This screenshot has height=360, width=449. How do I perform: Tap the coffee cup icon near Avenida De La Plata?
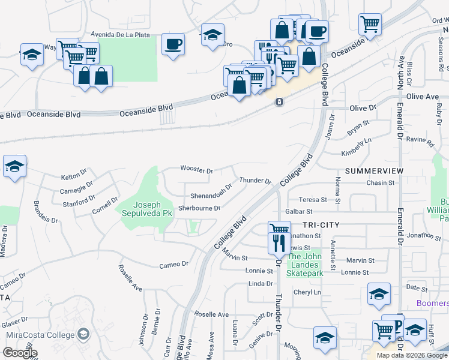[173, 44]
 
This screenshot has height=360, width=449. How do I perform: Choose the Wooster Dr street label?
[197, 171]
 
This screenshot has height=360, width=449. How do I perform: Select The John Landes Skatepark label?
[305, 265]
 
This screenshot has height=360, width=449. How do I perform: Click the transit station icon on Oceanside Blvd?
[279, 103]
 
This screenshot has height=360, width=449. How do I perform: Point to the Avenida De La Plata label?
[120, 35]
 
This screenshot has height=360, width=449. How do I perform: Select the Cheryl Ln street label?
[307, 292]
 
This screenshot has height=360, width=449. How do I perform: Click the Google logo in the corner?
[20, 352]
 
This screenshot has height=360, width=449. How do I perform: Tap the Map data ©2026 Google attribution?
[411, 355]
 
